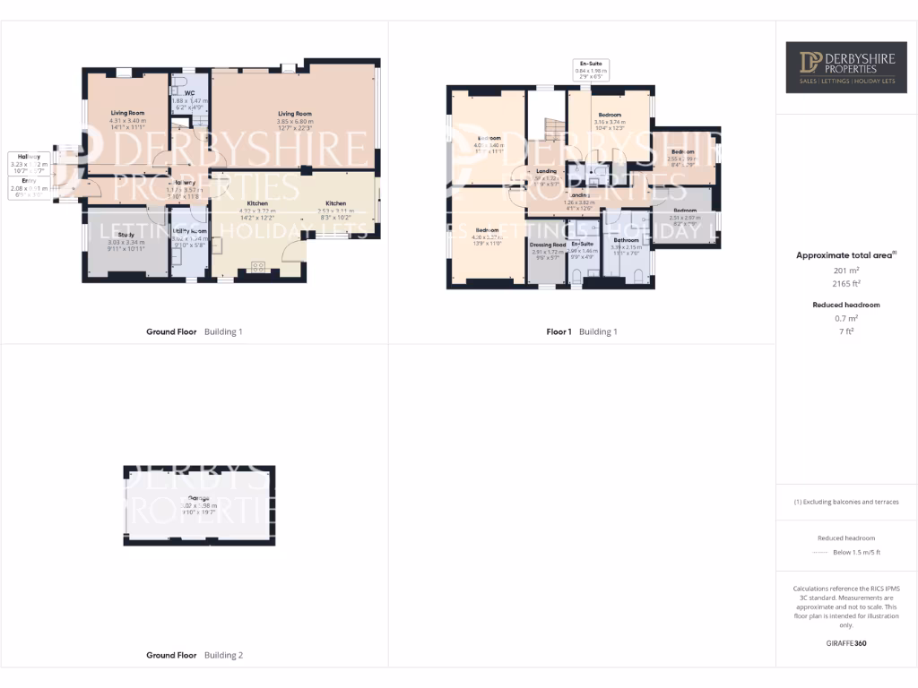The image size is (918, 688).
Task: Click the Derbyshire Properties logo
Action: coord(846,67)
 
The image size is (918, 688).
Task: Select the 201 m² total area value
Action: coord(846,270)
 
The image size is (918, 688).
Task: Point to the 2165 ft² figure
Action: coord(846,283)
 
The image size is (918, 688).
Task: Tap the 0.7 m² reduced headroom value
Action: coord(846,318)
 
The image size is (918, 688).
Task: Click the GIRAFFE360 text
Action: coord(846,642)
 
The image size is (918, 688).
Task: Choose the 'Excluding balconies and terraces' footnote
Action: coord(846,502)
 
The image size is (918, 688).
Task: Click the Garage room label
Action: coord(198,498)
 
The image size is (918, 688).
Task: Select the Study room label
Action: coord(126,235)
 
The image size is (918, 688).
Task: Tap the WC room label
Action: coord(189,93)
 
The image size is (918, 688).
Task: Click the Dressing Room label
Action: coord(547,245)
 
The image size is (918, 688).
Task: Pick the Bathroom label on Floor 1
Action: coord(626,241)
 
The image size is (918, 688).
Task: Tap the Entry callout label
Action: coord(27,185)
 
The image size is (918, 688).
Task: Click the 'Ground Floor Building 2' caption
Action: coord(195,656)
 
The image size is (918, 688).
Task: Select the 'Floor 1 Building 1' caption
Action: coord(582,331)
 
